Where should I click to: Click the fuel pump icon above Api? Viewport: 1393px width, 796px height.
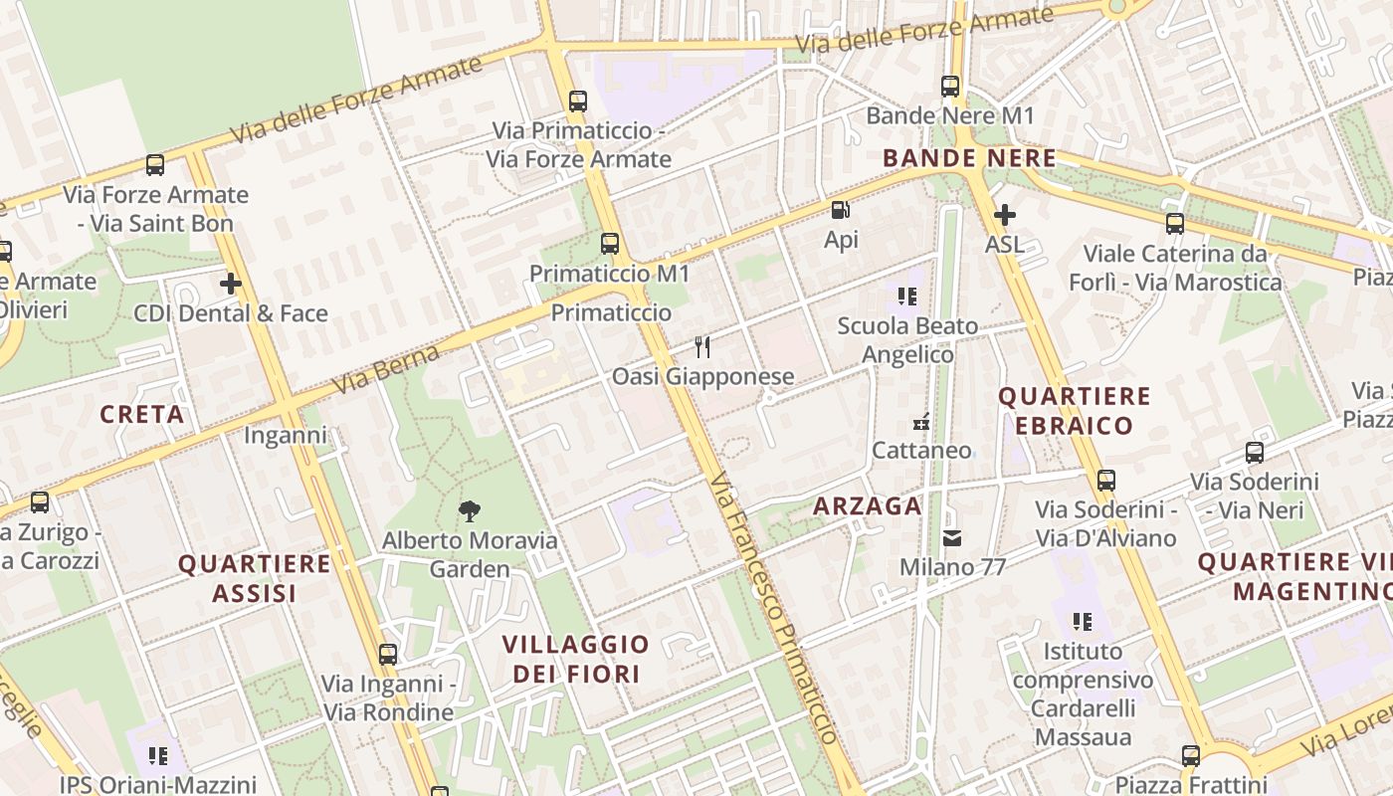tap(840, 210)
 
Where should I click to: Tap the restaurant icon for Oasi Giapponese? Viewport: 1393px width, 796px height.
tap(702, 346)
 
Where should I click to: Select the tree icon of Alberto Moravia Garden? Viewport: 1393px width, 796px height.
tap(470, 511)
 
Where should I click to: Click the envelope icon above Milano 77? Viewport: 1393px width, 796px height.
tap(952, 538)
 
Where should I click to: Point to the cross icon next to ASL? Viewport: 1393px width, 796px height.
tap(1005, 214)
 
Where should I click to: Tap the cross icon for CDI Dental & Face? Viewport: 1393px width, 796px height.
tap(231, 284)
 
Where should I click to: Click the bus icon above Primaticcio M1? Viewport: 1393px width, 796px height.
tap(610, 243)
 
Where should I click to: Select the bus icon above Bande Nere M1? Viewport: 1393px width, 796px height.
tap(950, 87)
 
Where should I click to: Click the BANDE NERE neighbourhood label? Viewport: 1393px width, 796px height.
tap(969, 158)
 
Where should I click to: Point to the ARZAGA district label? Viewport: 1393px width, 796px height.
tap(868, 505)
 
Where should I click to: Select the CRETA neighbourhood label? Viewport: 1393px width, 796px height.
tap(142, 414)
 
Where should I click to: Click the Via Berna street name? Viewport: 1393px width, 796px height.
tap(386, 369)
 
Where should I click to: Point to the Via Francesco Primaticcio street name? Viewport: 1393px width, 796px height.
tap(776, 607)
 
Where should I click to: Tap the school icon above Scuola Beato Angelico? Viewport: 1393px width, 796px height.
tap(906, 296)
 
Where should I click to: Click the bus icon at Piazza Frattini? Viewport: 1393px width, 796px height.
tap(1191, 755)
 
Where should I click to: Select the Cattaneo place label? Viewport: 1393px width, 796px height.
tap(921, 450)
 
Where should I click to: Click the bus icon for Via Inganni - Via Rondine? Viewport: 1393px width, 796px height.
tap(388, 655)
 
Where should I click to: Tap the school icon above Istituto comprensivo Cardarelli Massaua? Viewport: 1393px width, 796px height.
tap(1083, 622)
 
